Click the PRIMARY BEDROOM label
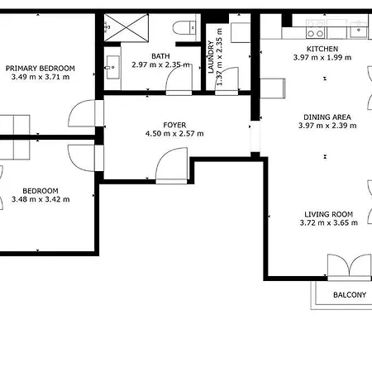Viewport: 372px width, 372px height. (40, 68)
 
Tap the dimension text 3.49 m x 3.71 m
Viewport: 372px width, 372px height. (40, 77)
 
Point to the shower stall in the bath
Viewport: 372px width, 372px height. (126, 31)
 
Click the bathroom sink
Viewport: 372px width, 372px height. (112, 65)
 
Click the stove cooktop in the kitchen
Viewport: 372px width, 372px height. (315, 34)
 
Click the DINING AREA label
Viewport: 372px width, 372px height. (327, 117)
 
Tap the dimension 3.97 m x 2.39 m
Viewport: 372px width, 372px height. (327, 126)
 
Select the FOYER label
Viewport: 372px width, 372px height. (174, 125)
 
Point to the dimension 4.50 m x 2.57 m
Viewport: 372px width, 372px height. (174, 134)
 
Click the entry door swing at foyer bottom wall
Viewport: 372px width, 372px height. (171, 168)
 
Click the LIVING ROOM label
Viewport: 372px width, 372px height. (327, 215)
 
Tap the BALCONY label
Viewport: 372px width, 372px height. (349, 294)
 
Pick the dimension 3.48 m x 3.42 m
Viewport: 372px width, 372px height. (40, 199)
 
